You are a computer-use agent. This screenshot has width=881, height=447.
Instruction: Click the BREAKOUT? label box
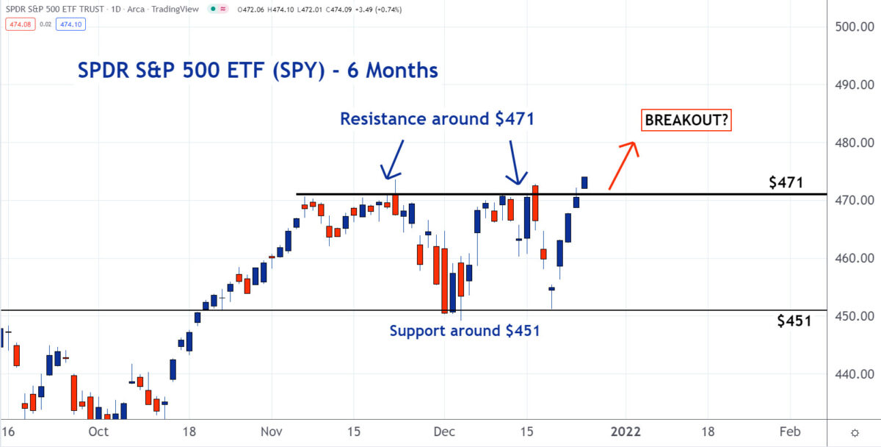[687, 121]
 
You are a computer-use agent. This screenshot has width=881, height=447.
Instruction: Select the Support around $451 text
[465, 331]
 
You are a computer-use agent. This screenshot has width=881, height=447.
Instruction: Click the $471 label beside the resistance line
[786, 183]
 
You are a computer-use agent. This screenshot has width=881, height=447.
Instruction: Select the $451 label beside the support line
[794, 321]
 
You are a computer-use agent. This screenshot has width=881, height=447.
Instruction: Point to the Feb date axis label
[790, 431]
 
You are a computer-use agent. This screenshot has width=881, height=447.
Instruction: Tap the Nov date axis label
[272, 431]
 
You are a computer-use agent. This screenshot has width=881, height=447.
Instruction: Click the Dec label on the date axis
[443, 431]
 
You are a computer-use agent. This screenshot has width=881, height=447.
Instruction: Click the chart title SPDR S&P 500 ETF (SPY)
[258, 71]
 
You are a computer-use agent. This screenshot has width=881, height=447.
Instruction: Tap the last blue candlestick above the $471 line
[584, 182]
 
